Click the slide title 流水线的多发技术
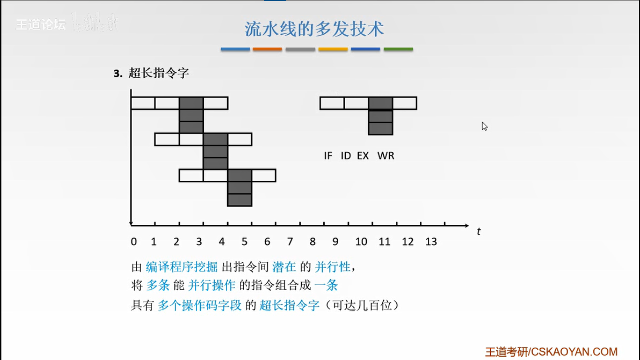[x=314, y=29]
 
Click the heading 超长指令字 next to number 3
[x=158, y=73]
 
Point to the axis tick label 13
[x=431, y=242]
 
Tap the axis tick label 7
[x=290, y=242]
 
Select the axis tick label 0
[x=134, y=242]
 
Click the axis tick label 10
[x=361, y=242]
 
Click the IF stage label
[x=328, y=156]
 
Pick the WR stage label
[x=386, y=156]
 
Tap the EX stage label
[x=363, y=156]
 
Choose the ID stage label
[x=346, y=156]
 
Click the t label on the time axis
[x=479, y=231]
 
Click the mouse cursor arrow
[x=484, y=126]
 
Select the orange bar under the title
[x=267, y=49]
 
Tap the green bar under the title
[x=398, y=49]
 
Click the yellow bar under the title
[x=333, y=49]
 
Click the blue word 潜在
[x=284, y=267]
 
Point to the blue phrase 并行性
[x=333, y=267]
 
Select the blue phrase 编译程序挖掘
[x=182, y=267]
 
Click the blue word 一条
[x=326, y=285]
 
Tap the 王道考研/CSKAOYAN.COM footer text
[x=551, y=352]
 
